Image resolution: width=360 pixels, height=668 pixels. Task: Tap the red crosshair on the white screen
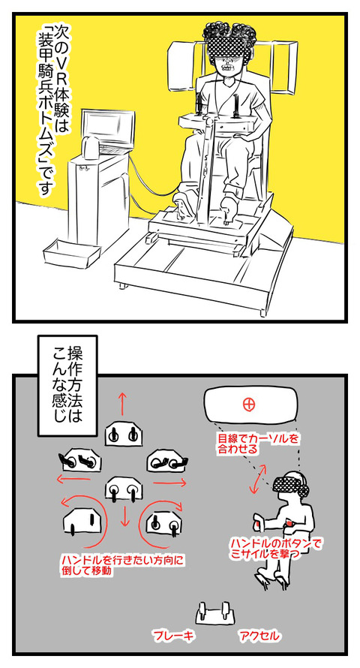248,405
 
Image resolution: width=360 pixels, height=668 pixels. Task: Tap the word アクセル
259,636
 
